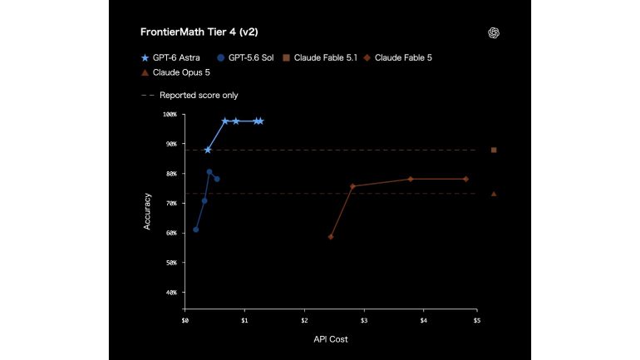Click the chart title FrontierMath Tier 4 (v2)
point(199,32)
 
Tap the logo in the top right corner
point(494,33)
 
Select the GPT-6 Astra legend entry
point(170,58)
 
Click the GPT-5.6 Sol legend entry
point(245,58)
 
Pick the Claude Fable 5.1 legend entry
point(320,58)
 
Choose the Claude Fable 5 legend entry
point(397,58)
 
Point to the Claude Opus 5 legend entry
point(175,72)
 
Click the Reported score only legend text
point(199,95)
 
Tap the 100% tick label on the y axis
point(170,114)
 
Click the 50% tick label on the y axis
point(171,263)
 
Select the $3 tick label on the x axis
point(364,321)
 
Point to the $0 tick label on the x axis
point(185,321)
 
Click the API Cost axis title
point(331,339)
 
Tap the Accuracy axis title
point(147,211)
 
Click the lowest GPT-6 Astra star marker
point(208,150)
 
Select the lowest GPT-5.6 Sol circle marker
point(196,229)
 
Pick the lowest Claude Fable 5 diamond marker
point(331,237)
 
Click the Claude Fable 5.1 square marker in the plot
point(494,150)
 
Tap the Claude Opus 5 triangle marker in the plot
point(494,194)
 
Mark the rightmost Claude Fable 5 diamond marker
point(465,180)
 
